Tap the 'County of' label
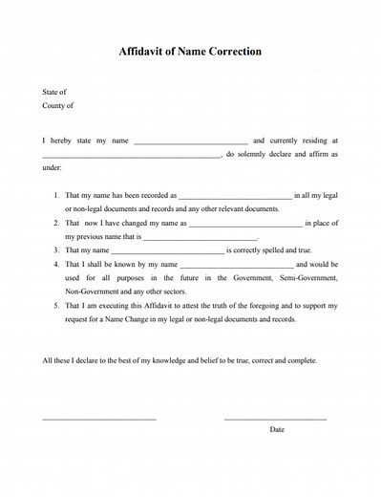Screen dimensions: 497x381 pyautogui.click(x=57, y=106)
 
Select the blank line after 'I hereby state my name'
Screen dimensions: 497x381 pyautogui.click(x=191, y=142)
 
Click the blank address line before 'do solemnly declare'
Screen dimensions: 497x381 pyautogui.click(x=132, y=155)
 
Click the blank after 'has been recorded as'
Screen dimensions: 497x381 pyautogui.click(x=235, y=196)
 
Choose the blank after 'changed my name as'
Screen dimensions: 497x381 pyautogui.click(x=245, y=224)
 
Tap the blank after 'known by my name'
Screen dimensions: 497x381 pyautogui.click(x=236, y=265)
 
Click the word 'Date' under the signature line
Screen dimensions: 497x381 pyautogui.click(x=277, y=429)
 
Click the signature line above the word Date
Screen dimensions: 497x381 pyautogui.click(x=275, y=419)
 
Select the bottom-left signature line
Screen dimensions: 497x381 pyautogui.click(x=98, y=419)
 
